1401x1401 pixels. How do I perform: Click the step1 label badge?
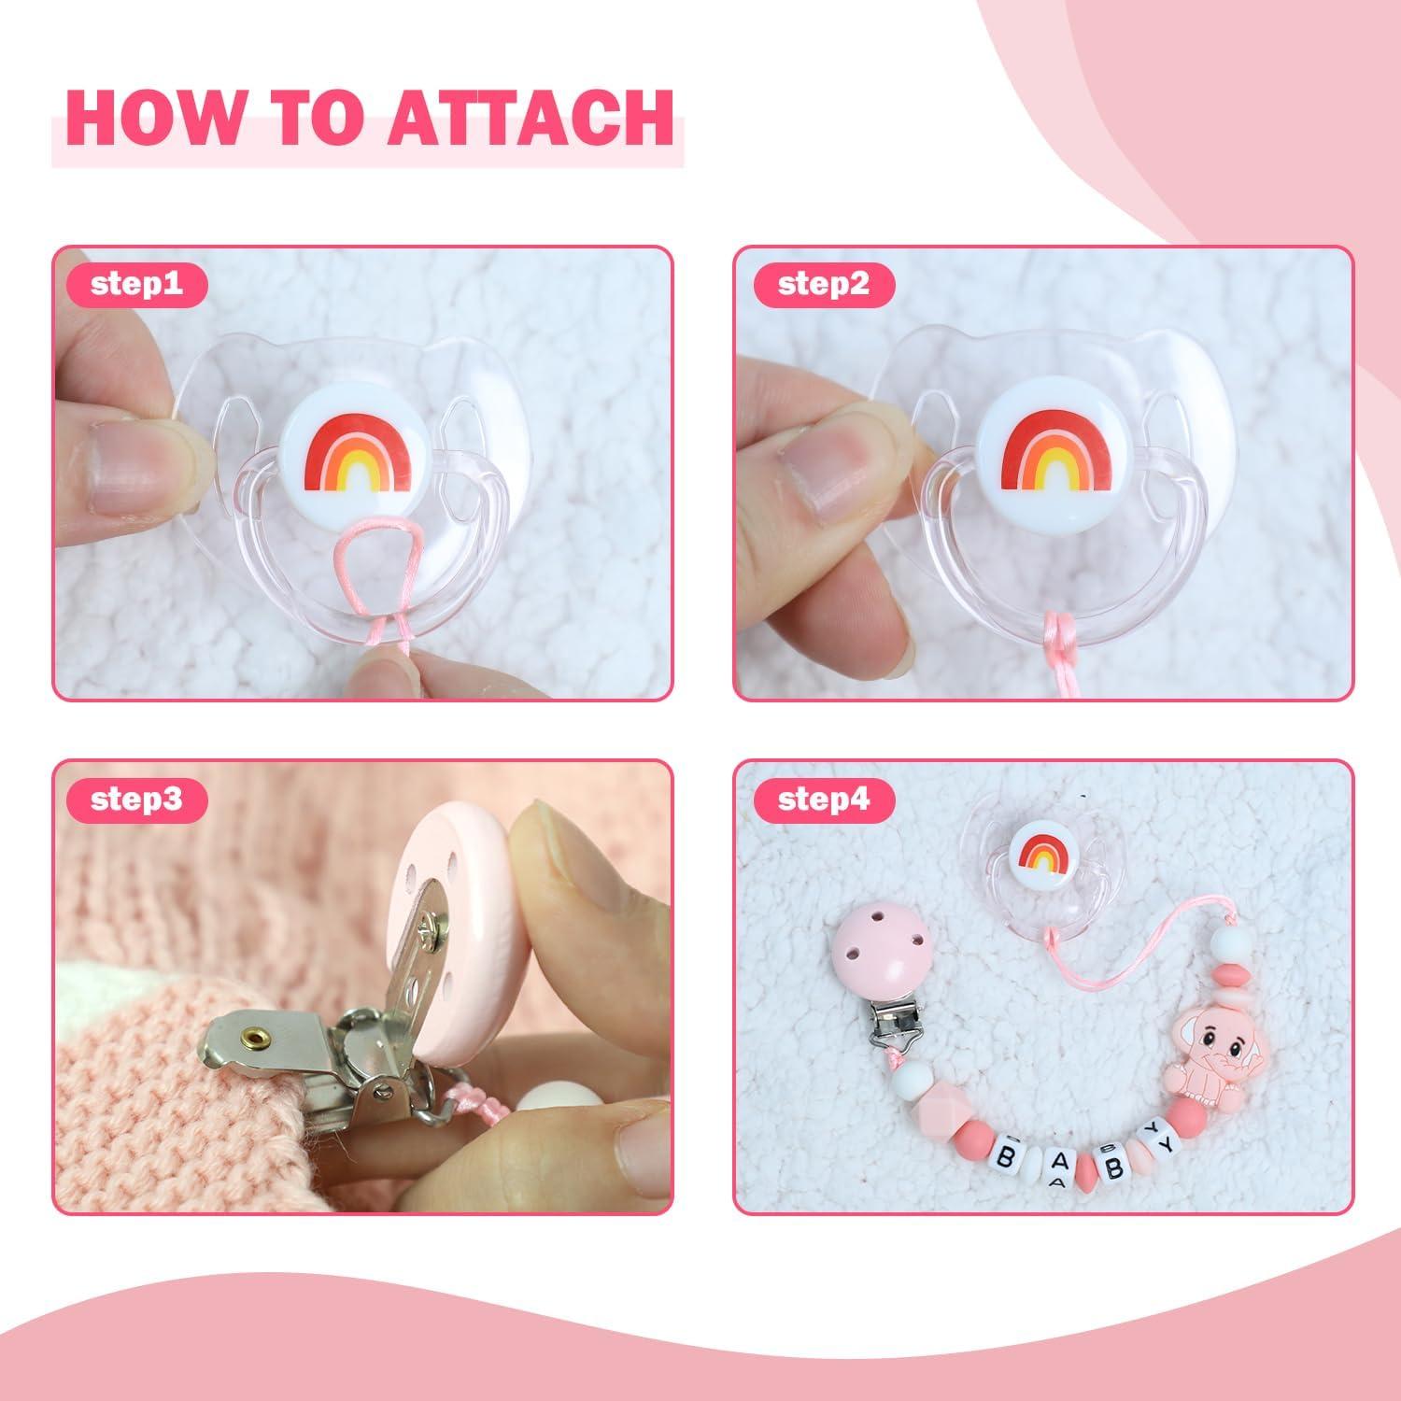[x=136, y=284]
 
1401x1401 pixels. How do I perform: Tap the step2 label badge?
[x=823, y=284]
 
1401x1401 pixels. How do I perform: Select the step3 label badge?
[x=136, y=800]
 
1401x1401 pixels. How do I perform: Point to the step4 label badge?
[x=823, y=800]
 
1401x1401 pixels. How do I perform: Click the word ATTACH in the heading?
[x=531, y=119]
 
